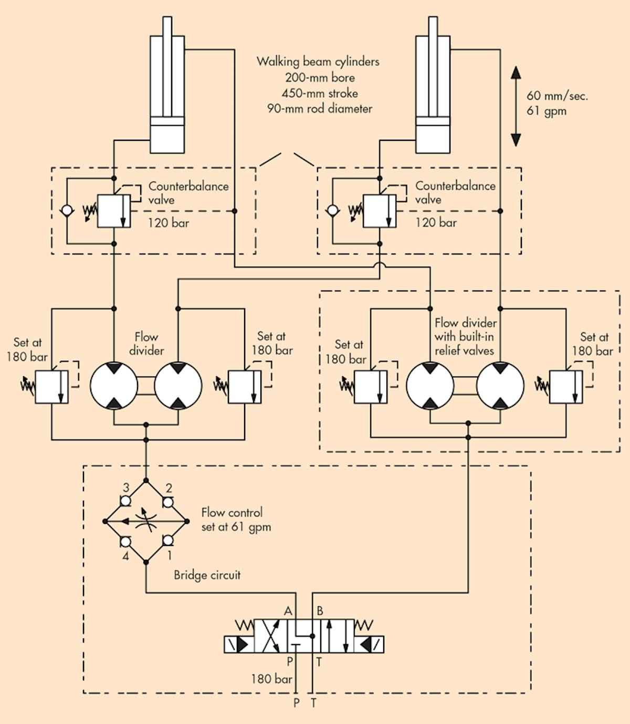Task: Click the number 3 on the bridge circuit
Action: [x=126, y=488]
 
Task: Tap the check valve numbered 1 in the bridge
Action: [x=168, y=541]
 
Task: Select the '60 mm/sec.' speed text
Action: [x=557, y=96]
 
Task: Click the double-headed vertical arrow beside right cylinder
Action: [x=516, y=106]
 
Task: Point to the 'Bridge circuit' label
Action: [x=207, y=575]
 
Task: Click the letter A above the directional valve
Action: [x=288, y=611]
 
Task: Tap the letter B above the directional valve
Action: [x=320, y=611]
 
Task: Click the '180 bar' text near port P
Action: [x=271, y=679]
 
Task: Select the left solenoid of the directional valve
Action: [x=239, y=644]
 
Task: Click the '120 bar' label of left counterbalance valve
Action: [x=168, y=223]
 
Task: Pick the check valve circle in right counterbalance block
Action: [x=332, y=211]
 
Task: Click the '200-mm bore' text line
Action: [x=320, y=78]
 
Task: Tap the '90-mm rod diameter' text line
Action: [x=320, y=109]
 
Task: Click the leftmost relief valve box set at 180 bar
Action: [x=51, y=387]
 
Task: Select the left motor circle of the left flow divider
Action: [x=114, y=385]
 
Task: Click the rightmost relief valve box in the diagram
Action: [x=565, y=387]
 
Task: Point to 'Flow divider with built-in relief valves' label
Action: [x=465, y=337]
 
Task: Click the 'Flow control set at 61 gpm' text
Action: [x=236, y=520]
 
